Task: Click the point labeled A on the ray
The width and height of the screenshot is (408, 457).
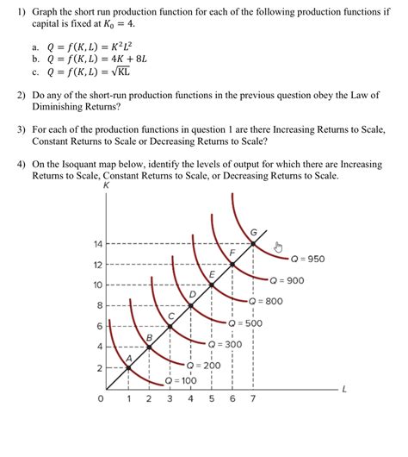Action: pyautogui.click(x=128, y=368)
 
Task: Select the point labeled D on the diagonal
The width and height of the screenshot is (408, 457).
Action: pyautogui.click(x=191, y=305)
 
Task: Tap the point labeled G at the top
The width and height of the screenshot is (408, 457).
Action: pyautogui.click(x=253, y=243)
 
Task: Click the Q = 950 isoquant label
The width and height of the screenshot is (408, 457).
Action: pyautogui.click(x=307, y=258)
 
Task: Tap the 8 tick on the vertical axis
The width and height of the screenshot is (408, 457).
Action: pyautogui.click(x=100, y=306)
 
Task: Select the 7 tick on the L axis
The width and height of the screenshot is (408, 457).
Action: pyautogui.click(x=253, y=400)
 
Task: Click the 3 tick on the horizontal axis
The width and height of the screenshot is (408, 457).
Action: pyautogui.click(x=170, y=400)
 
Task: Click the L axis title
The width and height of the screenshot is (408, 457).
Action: pyautogui.click(x=344, y=390)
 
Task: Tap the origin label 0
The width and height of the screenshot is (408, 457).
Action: pyautogui.click(x=102, y=400)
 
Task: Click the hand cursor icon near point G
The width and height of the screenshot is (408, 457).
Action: pyautogui.click(x=278, y=247)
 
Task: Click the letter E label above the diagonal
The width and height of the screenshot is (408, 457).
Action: pyautogui.click(x=212, y=273)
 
